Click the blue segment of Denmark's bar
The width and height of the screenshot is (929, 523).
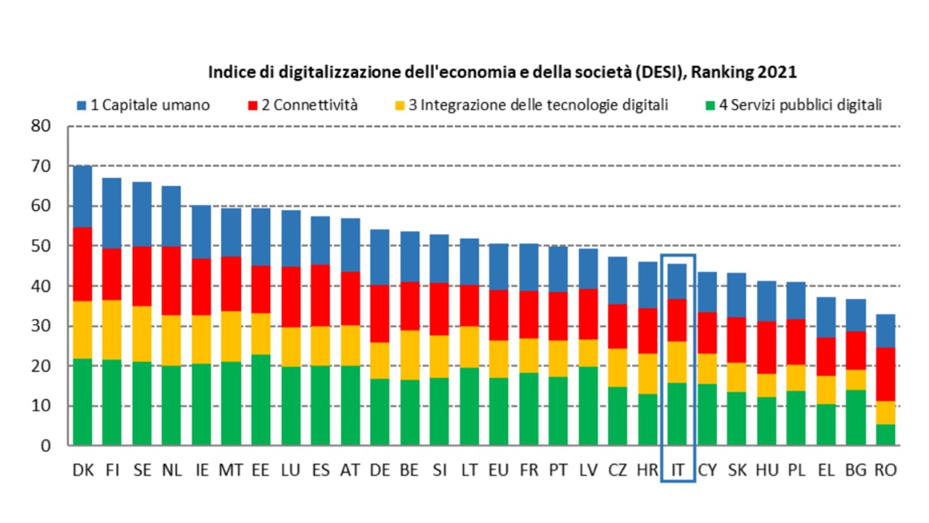pos(83,196)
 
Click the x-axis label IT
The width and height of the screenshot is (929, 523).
pos(677,471)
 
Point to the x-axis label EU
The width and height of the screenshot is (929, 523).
pos(499,471)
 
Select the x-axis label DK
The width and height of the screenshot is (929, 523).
pos(83,471)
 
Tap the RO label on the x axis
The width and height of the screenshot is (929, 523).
pos(885,471)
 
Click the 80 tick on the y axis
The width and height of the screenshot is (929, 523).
pos(42,126)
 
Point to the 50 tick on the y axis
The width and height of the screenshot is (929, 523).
pos(42,246)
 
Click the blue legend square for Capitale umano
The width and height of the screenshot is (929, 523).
pos(81,105)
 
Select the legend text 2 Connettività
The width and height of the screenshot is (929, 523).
pos(310,105)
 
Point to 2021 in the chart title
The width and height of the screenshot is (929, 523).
pos(779,73)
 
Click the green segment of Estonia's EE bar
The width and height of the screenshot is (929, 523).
pos(261,400)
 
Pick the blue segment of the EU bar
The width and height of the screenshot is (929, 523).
pos(499,267)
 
